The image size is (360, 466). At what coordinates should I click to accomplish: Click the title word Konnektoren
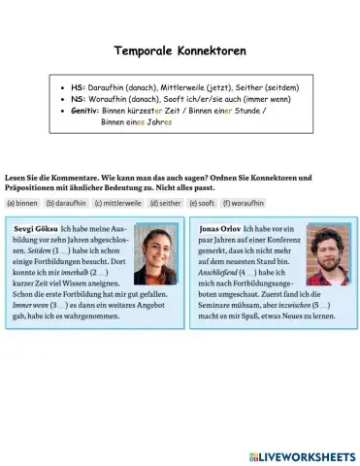point(213,50)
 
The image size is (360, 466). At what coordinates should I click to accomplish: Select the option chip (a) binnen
point(22,203)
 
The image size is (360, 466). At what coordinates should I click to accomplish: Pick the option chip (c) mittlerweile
point(117,203)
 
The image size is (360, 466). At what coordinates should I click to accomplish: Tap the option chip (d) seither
point(166,203)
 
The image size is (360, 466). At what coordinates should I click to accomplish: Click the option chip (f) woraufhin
point(244,203)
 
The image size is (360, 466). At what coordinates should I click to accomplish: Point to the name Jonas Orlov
point(220,229)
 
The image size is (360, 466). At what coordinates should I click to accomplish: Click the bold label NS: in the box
point(80,99)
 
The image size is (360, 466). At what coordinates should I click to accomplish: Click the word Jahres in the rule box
point(160,122)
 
